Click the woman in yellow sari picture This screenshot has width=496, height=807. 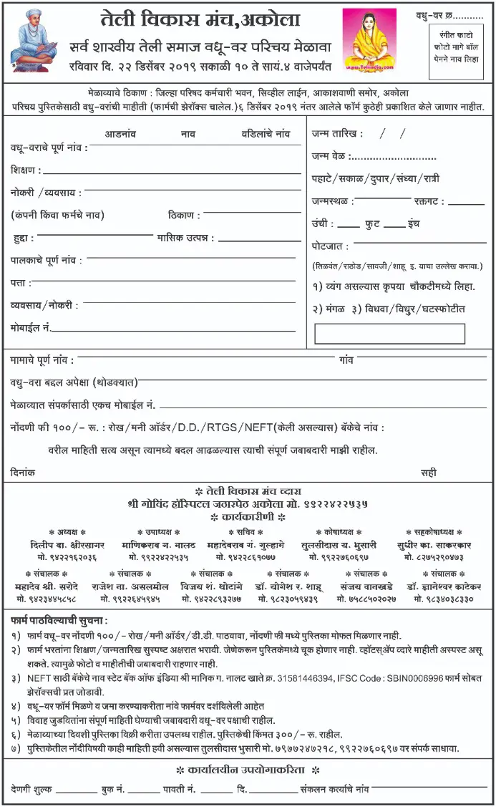pos(369,40)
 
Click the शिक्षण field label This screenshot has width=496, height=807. pos(25,170)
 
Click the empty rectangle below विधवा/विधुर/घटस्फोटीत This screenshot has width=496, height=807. pos(389,334)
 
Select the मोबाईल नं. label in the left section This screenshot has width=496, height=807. pos(30,327)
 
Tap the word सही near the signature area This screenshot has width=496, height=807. pos(429,473)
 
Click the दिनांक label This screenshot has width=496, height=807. pos(24,473)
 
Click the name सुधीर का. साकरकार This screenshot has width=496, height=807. pos(437,545)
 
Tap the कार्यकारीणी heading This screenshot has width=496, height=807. pos(248,516)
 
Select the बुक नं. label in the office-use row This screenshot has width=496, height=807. pos(112,789)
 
